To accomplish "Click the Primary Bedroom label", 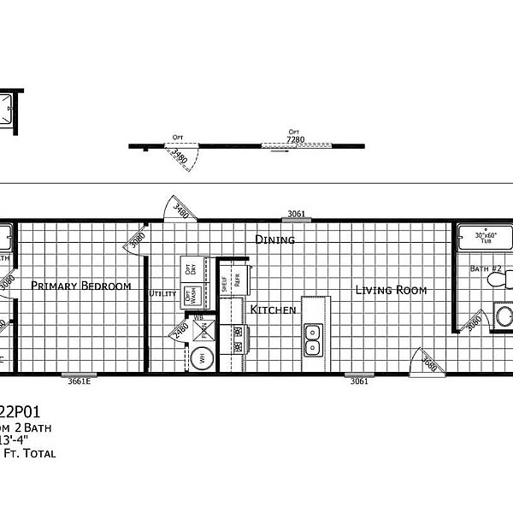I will point(81,286).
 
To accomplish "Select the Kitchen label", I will point(273,309).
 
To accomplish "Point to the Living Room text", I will point(391,290).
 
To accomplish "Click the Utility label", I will point(162,293).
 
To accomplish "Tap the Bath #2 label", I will point(486,268).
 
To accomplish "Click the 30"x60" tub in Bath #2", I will point(485,239).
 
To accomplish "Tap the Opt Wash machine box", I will point(192,296).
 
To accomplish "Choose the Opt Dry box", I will point(192,268).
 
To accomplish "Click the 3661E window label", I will point(80,381).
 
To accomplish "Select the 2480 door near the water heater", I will point(181,330).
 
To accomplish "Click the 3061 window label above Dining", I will point(296,214).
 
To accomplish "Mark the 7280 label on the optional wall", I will point(296,139).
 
